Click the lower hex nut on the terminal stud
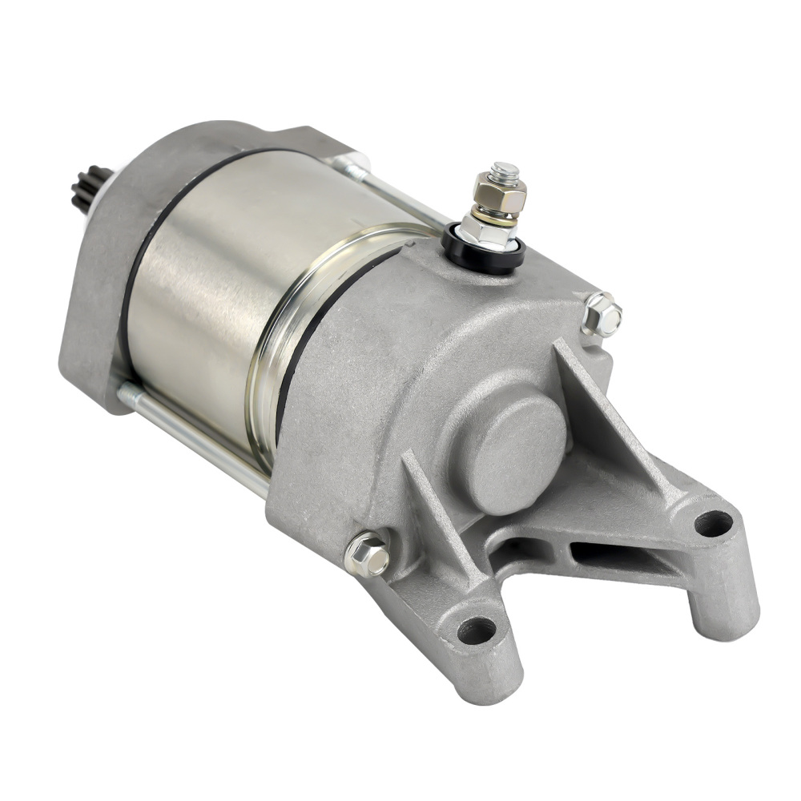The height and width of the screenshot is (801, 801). pos(488,231)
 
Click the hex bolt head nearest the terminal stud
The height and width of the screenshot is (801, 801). pos(603,316)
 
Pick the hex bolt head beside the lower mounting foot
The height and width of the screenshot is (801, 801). pos(368,553)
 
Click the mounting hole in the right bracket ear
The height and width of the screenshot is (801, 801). pos(713,524)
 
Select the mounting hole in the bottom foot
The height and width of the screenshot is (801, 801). pos(477,630)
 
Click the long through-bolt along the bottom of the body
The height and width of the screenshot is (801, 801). pos(192,437)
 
